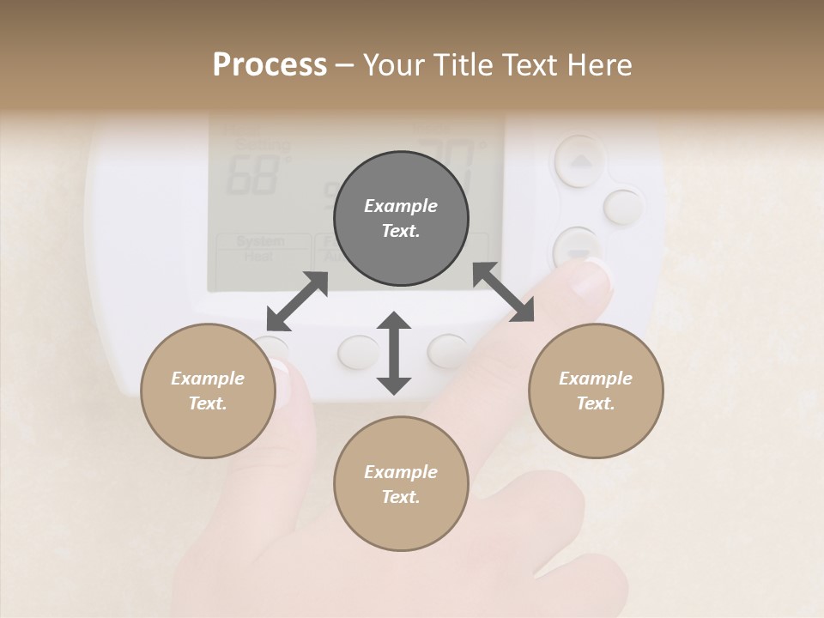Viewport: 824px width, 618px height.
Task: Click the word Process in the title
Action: [270, 65]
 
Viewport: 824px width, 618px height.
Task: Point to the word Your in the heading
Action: [391, 65]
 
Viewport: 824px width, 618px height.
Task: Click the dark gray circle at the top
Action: [401, 218]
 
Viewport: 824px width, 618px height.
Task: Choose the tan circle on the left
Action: [208, 391]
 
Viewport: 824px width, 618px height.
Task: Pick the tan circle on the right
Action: [596, 391]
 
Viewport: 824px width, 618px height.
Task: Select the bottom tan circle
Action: [401, 483]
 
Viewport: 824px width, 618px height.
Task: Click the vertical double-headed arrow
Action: [394, 353]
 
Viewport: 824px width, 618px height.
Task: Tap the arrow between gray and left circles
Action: [297, 301]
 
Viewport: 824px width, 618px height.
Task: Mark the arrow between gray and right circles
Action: [504, 293]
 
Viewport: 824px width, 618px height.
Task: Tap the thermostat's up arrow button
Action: [582, 160]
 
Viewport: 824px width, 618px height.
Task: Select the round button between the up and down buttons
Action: [624, 207]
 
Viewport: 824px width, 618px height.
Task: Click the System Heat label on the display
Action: [261, 248]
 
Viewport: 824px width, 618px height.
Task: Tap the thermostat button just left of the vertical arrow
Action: [357, 351]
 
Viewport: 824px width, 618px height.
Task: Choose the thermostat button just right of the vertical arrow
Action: [448, 350]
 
